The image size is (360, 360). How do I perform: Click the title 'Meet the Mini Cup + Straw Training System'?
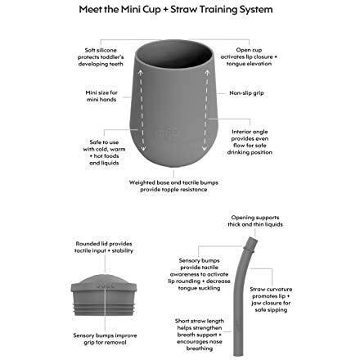[x=176, y=10]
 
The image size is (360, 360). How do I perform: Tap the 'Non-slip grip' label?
[x=246, y=93]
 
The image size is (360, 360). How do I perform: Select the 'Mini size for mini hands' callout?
[x=101, y=96]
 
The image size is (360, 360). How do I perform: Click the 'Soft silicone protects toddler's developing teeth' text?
[x=101, y=57]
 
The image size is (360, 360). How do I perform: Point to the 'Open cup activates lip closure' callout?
[x=249, y=56]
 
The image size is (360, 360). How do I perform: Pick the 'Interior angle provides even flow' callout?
[x=250, y=142]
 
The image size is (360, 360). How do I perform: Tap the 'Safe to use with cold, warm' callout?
[x=104, y=152]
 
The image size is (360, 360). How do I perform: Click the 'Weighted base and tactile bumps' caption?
[x=173, y=186]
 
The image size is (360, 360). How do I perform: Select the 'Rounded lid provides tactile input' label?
[x=104, y=247]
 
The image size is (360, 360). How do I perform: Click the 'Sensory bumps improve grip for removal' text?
[x=105, y=339]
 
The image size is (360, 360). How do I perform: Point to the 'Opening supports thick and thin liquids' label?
[x=255, y=221]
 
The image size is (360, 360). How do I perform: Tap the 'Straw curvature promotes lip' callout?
[x=271, y=299]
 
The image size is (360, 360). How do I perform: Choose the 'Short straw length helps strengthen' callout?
[x=200, y=335]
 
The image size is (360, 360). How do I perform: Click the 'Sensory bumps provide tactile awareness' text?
[x=199, y=274]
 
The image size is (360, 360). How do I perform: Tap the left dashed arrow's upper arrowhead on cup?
[x=140, y=73]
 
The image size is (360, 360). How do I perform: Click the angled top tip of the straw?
[x=252, y=239]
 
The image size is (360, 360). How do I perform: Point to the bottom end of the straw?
[x=236, y=354]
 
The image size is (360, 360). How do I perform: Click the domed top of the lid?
[x=104, y=279]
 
